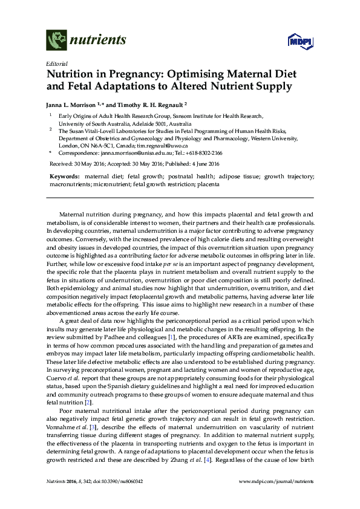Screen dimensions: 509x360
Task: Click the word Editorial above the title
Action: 56,63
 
